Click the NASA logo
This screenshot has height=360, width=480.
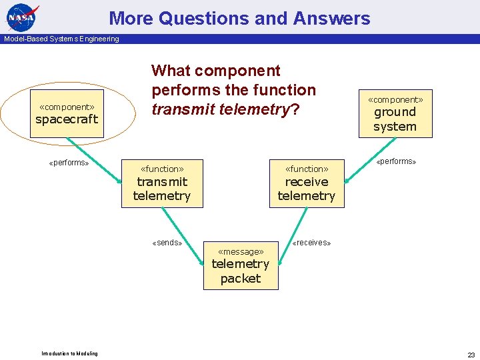[23, 17]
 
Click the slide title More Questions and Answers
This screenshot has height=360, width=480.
[239, 18]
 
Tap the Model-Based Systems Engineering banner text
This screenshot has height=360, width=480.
[61, 39]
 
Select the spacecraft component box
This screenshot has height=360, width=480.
[67, 114]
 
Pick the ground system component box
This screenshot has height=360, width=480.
[395, 113]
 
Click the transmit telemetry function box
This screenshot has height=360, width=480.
[162, 183]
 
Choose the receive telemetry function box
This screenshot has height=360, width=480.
[307, 183]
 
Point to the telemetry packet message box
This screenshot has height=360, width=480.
[241, 265]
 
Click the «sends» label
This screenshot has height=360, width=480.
[167, 243]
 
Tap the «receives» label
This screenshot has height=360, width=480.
[311, 243]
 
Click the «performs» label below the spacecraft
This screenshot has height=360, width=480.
[69, 163]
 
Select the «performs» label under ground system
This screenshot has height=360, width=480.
[396, 161]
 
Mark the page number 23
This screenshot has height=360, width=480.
[471, 355]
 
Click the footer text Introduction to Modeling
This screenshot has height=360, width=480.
[69, 353]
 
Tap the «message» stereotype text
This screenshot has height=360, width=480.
[241, 251]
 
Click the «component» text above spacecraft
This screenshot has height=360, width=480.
[67, 107]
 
